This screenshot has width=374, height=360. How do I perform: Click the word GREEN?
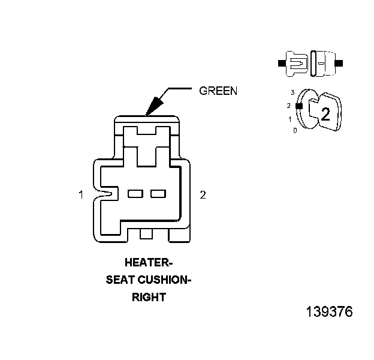coord(218,91)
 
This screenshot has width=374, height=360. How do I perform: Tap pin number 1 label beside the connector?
coord(80,194)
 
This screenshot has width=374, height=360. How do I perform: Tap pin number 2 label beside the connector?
coord(203,194)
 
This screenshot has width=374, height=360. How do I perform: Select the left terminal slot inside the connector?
coord(135,194)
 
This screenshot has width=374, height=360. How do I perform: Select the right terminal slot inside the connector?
coord(158,194)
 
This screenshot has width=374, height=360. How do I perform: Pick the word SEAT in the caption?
coord(119,279)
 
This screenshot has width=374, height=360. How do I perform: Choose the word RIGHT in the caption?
coord(149,296)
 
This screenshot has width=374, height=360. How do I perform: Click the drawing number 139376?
coord(329,313)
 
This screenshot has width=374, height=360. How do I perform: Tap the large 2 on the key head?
coord(325,114)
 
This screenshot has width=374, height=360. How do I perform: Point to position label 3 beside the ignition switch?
coord(292,92)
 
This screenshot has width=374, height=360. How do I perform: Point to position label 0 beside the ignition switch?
coord(294,130)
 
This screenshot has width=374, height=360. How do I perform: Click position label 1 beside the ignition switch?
coord(290,119)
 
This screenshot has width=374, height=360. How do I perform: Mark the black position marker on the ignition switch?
coord(298,106)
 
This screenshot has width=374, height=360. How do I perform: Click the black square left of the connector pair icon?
coord(282,62)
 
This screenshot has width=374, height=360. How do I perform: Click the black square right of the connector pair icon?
coord(339,62)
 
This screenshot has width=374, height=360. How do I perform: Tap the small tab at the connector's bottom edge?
coord(146,233)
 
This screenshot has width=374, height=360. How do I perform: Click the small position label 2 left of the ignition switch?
coord(289,106)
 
